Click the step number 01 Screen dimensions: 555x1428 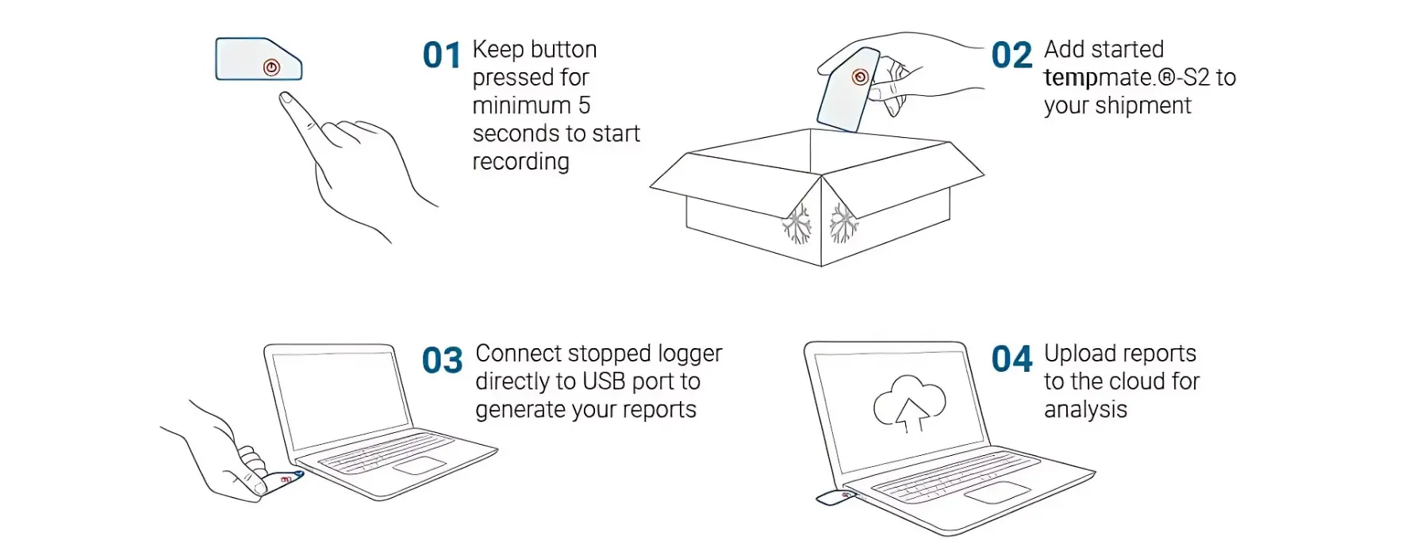[x=442, y=55]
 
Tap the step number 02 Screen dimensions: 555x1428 [x=1011, y=55]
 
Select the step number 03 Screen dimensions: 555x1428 [x=442, y=361]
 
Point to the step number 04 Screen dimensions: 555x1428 [x=1011, y=359]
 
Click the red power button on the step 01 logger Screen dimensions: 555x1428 [x=271, y=67]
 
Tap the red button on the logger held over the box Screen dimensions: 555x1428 [x=859, y=77]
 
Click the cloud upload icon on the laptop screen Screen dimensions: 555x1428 [x=909, y=403]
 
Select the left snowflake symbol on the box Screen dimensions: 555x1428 [x=797, y=224]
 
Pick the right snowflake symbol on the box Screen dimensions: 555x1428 [x=843, y=223]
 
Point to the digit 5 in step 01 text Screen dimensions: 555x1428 [x=584, y=105]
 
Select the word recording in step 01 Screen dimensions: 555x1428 [x=520, y=162]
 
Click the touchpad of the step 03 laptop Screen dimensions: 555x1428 [x=418, y=465]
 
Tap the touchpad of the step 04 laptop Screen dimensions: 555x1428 [x=997, y=492]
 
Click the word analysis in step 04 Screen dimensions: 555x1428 [x=1085, y=410]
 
